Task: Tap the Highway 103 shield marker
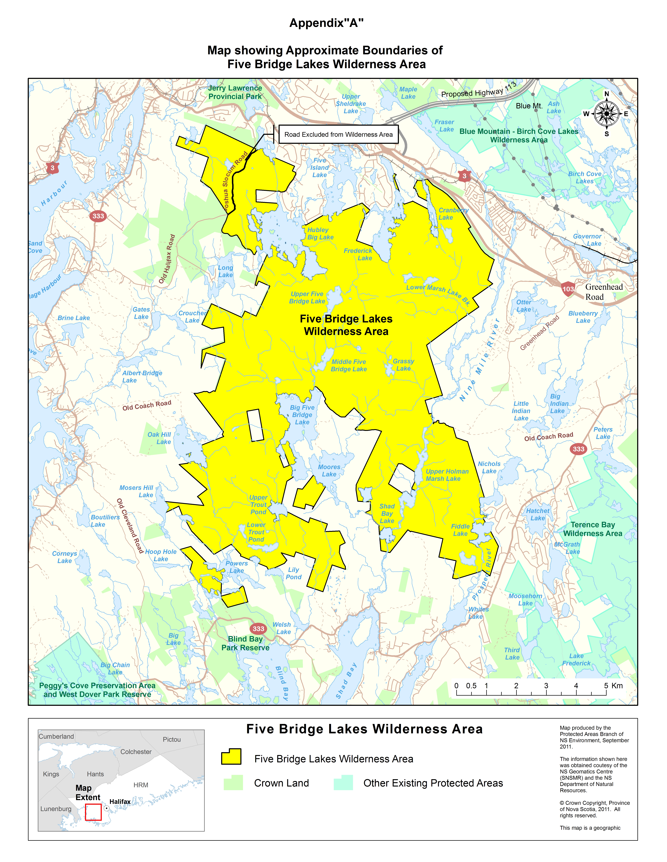click(x=568, y=289)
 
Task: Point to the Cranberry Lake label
click(x=453, y=214)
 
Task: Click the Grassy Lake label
click(x=403, y=365)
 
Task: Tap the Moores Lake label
click(x=329, y=470)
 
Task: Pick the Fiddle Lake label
click(x=460, y=530)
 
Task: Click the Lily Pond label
click(x=294, y=573)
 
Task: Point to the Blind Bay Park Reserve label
click(x=245, y=643)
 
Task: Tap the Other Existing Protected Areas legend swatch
click(x=343, y=783)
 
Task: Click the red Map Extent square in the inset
click(x=93, y=812)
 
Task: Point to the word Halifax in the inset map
click(x=120, y=802)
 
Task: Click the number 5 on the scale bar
click(x=606, y=686)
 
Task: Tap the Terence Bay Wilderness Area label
click(x=593, y=529)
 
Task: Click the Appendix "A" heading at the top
click(x=326, y=23)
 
